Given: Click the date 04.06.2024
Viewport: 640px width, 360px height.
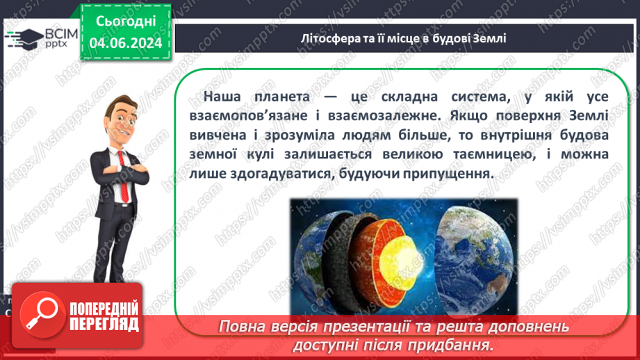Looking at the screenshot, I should (x=126, y=42).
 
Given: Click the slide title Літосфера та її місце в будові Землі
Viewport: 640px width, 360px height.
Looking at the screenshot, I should (x=404, y=38).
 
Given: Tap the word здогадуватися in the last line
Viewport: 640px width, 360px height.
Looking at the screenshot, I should (x=281, y=174).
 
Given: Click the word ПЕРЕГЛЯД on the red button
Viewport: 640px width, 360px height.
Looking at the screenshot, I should (x=104, y=324).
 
